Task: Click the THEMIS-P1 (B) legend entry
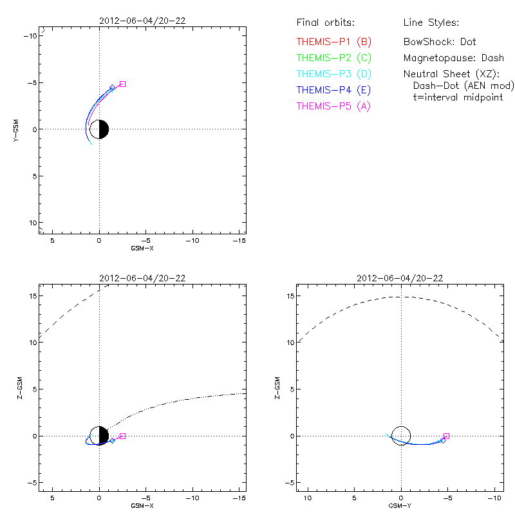tap(334, 42)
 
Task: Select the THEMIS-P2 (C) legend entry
tap(334, 58)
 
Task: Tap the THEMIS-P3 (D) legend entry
tap(334, 74)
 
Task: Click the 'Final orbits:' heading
tap(325, 23)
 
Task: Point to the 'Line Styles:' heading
tap(431, 23)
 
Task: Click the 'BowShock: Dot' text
tap(440, 42)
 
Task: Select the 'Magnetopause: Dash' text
tap(453, 58)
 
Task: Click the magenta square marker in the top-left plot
tap(122, 84)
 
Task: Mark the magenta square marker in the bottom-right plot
tap(446, 436)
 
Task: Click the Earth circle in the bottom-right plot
tap(401, 436)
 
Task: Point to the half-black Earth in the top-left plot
tap(99, 129)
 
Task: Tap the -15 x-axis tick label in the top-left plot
tap(239, 240)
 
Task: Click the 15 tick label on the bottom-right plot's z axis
tap(290, 296)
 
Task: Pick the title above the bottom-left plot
tap(142, 279)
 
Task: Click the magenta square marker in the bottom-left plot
tap(122, 436)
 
